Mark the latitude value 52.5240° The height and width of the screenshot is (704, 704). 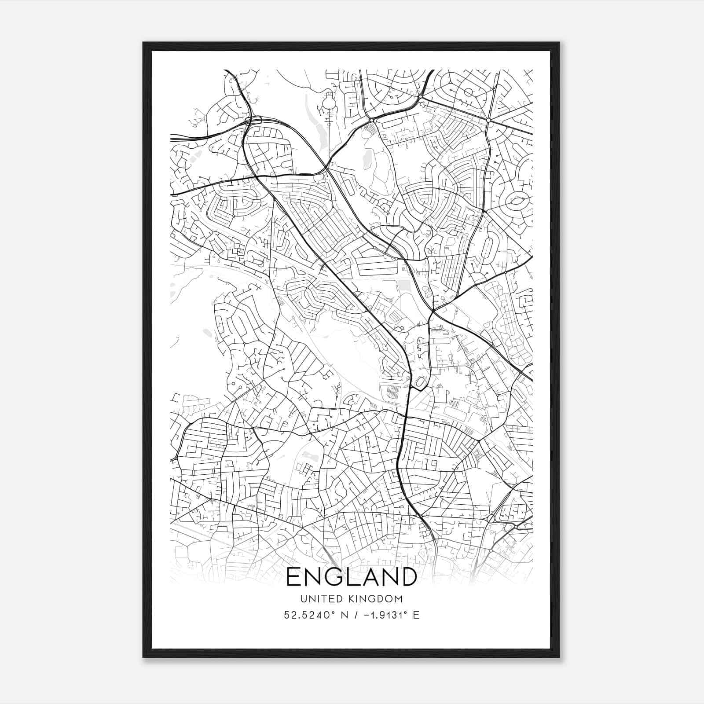click(307, 615)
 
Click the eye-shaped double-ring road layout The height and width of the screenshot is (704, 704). click(517, 202)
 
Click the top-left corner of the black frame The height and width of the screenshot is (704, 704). click(143, 43)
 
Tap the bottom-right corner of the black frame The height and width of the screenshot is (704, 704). click(559, 657)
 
